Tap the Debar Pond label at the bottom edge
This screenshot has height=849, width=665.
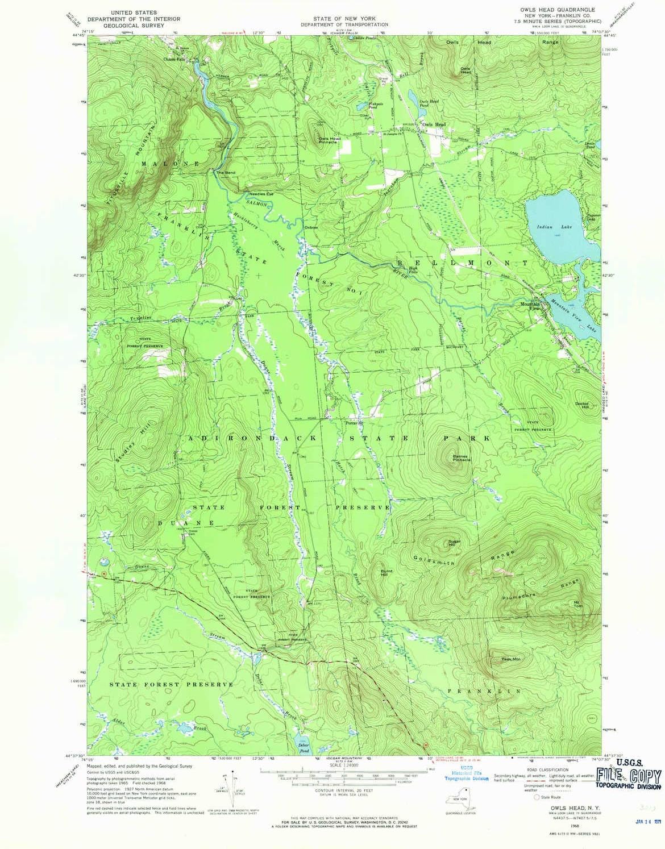[x=303, y=746]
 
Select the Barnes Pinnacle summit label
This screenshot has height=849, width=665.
[x=462, y=457]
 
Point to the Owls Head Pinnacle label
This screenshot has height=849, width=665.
[x=330, y=140]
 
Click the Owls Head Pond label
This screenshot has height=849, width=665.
[x=429, y=103]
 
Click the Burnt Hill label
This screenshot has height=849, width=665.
[x=386, y=572]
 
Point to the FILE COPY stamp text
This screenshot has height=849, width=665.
[x=628, y=776]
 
